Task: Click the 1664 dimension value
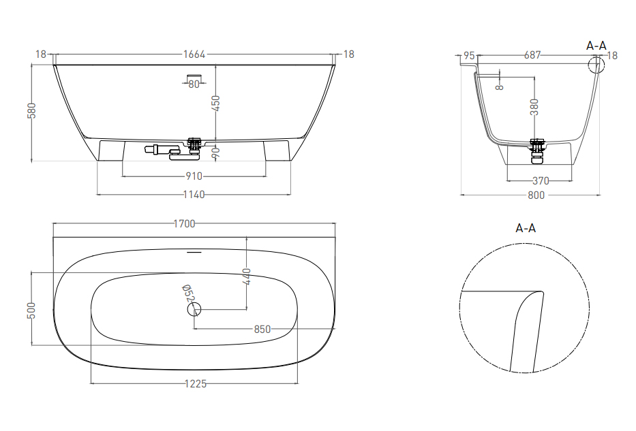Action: [x=194, y=54]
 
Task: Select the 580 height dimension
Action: [x=31, y=110]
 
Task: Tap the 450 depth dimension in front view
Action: [x=215, y=103]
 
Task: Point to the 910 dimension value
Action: [x=194, y=176]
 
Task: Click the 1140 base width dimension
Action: [x=194, y=195]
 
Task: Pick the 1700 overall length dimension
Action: [x=184, y=223]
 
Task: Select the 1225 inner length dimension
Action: [x=196, y=383]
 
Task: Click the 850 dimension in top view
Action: [x=262, y=330]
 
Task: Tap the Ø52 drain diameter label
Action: [x=187, y=293]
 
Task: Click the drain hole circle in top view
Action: [x=194, y=310]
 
